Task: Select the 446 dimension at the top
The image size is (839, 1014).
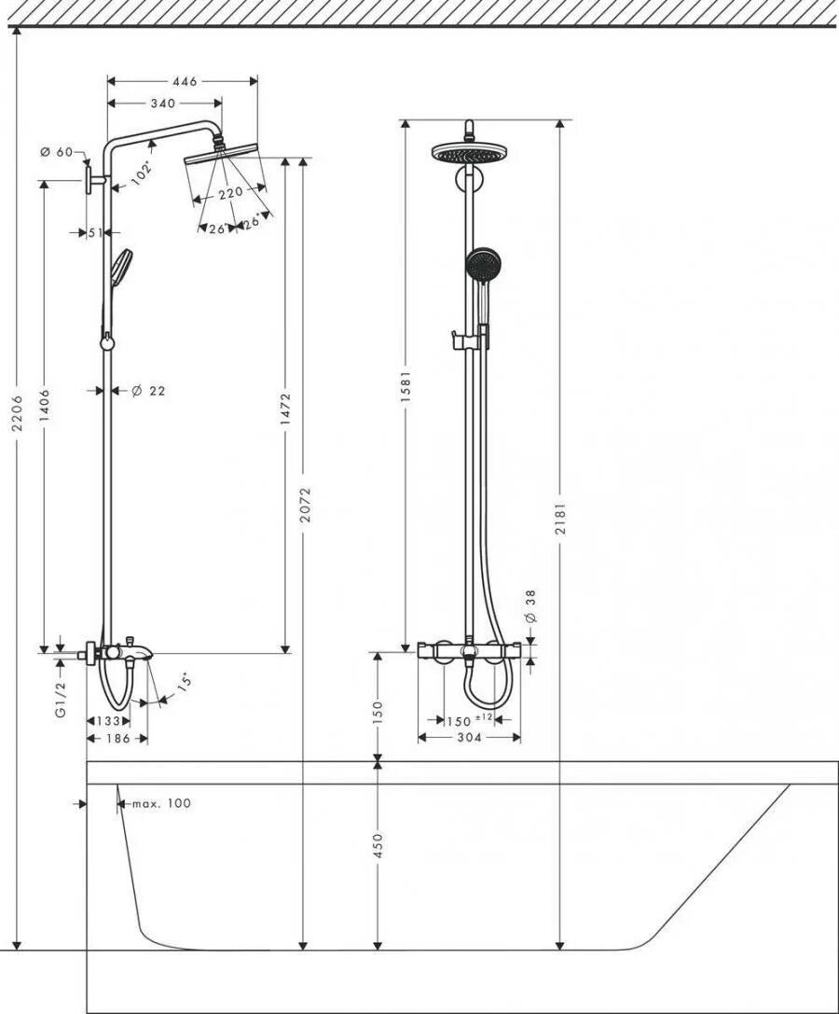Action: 185,82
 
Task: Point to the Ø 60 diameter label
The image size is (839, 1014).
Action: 57,152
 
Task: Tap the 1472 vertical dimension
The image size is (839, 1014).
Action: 286,409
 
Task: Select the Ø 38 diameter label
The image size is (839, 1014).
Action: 530,606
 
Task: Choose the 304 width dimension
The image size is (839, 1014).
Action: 468,737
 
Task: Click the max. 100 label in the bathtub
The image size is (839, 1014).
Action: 160,803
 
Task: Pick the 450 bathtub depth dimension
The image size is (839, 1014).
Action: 377,846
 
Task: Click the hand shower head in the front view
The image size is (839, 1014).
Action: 481,262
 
